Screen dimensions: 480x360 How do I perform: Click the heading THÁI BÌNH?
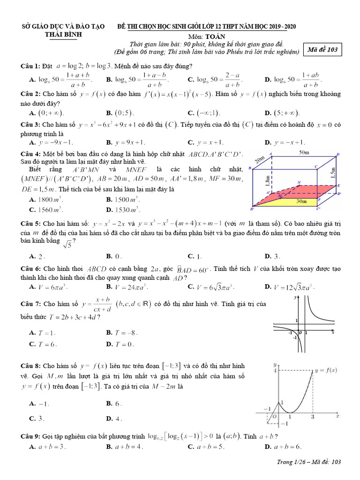pyautogui.click(x=64, y=34)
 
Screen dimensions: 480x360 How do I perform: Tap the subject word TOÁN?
pyautogui.click(x=215, y=36)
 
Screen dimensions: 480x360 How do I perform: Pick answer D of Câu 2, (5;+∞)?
pyautogui.click(x=282, y=113)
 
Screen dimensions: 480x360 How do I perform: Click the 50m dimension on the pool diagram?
pyautogui.click(x=305, y=153)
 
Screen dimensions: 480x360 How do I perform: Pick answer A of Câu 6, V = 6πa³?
pyautogui.click(x=49, y=286)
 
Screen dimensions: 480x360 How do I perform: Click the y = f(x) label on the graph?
pyautogui.click(x=326, y=370)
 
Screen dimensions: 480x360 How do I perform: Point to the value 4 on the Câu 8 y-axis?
pyautogui.click(x=276, y=371)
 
